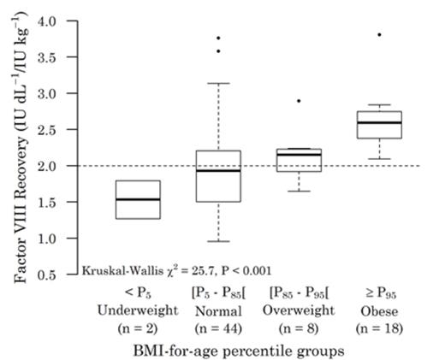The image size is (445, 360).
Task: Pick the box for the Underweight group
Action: click(139, 199)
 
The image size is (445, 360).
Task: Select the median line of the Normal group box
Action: click(217, 170)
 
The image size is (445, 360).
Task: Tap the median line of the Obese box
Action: click(378, 122)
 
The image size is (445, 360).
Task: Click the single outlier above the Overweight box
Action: click(298, 101)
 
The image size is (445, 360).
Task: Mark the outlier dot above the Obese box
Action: click(378, 34)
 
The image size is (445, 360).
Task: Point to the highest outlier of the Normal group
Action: click(217, 38)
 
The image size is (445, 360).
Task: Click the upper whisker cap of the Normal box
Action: click(217, 83)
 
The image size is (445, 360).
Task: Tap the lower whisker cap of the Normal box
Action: click(217, 241)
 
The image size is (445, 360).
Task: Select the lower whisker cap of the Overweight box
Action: click(298, 191)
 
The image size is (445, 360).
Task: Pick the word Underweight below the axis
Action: click(138, 309)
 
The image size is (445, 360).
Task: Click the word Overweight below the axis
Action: click(299, 309)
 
